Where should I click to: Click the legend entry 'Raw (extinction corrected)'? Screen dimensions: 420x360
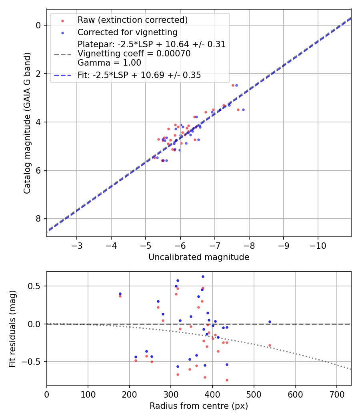tap(132, 20)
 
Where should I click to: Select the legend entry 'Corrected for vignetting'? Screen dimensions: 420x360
tap(127, 32)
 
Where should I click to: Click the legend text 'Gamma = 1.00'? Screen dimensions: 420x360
tap(109, 62)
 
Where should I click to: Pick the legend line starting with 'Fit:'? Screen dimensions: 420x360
tap(139, 75)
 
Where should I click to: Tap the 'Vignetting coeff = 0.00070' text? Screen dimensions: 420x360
tap(134, 53)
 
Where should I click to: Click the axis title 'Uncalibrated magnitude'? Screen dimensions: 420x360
tap(199, 257)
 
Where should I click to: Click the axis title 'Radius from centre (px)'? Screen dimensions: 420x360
tap(199, 406)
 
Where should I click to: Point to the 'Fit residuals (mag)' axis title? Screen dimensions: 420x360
tap(12, 328)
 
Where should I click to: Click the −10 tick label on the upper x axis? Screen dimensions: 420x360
tap(318, 245)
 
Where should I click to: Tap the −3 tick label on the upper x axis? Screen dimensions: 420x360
tap(77, 245)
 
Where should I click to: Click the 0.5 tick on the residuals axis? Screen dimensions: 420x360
tap(36, 286)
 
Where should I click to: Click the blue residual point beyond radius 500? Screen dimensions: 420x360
tap(270, 322)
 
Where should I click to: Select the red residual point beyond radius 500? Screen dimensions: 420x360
tap(270, 345)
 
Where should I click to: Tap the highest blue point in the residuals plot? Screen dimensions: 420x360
tap(203, 276)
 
